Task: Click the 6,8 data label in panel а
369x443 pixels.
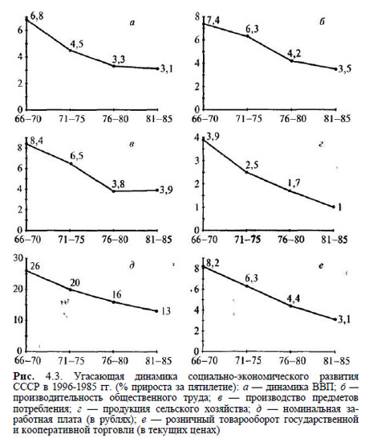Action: click(37, 16)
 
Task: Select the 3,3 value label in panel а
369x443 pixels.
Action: click(119, 59)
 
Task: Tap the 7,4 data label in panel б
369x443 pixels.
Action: click(213, 21)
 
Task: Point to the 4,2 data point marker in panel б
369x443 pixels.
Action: click(292, 61)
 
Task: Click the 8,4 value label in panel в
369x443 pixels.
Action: click(36, 141)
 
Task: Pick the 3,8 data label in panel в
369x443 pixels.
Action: click(119, 184)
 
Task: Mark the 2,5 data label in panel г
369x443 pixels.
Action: click(251, 165)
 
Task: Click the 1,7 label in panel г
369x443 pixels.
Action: click(294, 183)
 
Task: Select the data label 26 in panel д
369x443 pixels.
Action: click(35, 266)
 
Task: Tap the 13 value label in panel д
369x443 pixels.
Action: click(166, 311)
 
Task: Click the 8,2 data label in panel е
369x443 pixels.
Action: click(213, 264)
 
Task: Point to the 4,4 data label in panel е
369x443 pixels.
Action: click(294, 298)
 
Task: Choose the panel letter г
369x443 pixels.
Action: click(321, 145)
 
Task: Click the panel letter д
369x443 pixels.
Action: click(132, 266)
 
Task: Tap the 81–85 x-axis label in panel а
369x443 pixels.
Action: click(159, 119)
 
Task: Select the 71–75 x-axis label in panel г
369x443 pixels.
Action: click(248, 240)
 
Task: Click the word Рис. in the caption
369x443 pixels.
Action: click(24, 377)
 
